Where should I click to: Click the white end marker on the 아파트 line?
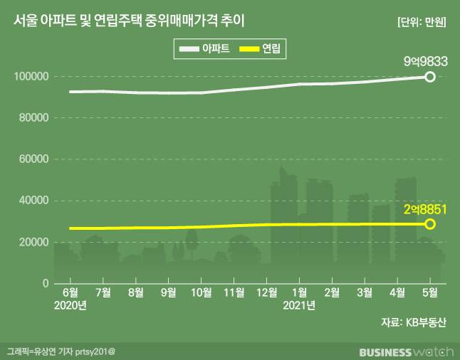click(x=430, y=76)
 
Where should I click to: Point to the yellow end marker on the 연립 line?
click(x=430, y=224)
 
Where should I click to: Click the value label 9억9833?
click(x=424, y=61)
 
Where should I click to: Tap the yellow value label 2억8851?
click(x=424, y=209)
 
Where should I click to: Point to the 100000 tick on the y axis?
click(x=32, y=76)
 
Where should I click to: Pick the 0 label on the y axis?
click(x=44, y=283)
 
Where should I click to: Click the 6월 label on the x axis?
click(x=70, y=292)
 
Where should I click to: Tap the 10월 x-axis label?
click(x=201, y=292)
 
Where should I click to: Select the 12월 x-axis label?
click(x=267, y=292)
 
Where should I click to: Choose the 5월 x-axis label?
click(x=430, y=292)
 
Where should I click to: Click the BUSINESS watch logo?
click(x=403, y=351)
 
